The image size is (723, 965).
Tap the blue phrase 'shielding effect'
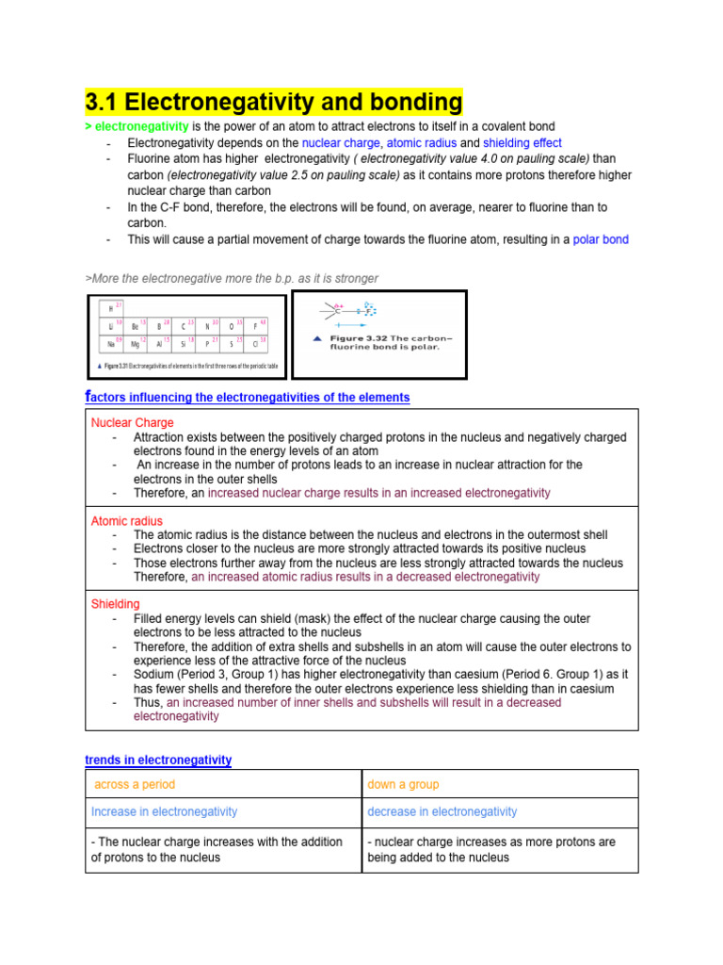[x=522, y=143]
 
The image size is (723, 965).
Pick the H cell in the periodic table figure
[x=111, y=309]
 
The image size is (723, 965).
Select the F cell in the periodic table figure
[x=256, y=326]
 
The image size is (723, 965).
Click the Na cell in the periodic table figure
[x=111, y=344]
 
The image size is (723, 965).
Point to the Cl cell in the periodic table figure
[x=256, y=344]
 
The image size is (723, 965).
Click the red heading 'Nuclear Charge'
[x=132, y=423]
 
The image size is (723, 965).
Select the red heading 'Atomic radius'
[x=126, y=521]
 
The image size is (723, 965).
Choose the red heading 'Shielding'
[x=115, y=604]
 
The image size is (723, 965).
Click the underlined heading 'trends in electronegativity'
[x=158, y=760]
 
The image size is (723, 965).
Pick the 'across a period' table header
[x=135, y=784]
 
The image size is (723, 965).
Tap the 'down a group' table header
[x=403, y=784]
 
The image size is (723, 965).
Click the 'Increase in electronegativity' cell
[x=164, y=811]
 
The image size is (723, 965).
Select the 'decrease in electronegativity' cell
[x=442, y=811]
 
